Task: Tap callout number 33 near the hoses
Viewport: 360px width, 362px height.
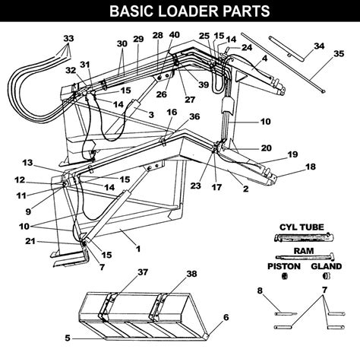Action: [x=69, y=38]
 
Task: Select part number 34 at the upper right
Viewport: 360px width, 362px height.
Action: [x=319, y=46]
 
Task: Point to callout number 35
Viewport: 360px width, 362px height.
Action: [x=339, y=54]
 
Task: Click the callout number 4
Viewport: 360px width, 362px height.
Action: [x=264, y=58]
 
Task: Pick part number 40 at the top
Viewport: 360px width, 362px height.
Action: [x=175, y=35]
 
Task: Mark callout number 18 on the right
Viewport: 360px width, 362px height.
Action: [x=310, y=167]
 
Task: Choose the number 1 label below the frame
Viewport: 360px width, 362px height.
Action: [x=137, y=249]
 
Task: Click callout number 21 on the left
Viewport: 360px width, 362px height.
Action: [x=30, y=242]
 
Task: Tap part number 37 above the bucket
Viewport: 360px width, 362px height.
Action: [x=122, y=272]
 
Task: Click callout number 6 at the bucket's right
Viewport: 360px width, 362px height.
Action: [x=225, y=317]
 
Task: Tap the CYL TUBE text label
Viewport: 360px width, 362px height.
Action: [x=298, y=227]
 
